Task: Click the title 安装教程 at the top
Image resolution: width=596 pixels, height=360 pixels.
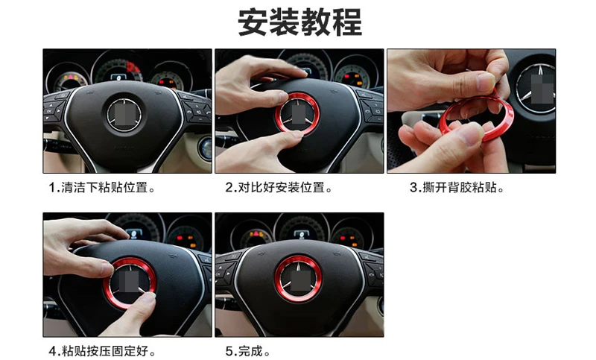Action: click(x=299, y=24)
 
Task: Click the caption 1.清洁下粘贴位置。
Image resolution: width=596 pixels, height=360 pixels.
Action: click(x=103, y=188)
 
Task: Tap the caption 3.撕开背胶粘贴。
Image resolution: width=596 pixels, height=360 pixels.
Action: click(x=457, y=188)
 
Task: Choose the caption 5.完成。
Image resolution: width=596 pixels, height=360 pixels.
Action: click(x=248, y=350)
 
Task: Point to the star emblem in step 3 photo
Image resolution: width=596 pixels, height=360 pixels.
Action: click(x=538, y=89)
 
